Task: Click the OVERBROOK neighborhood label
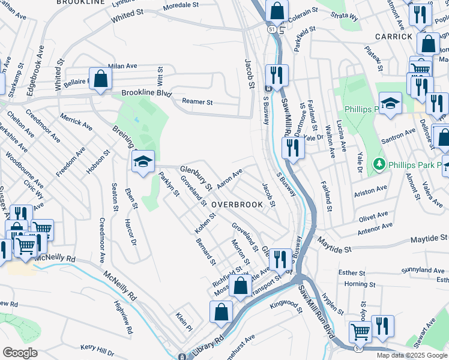[237, 205]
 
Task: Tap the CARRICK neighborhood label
[394, 36]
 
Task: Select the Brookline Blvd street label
[146, 94]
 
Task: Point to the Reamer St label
[198, 102]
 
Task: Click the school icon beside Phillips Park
[390, 103]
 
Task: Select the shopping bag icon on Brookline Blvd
[101, 79]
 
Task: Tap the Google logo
[20, 353]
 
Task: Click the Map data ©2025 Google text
[412, 355]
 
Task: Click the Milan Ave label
[122, 66]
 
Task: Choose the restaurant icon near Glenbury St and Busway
[280, 259]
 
